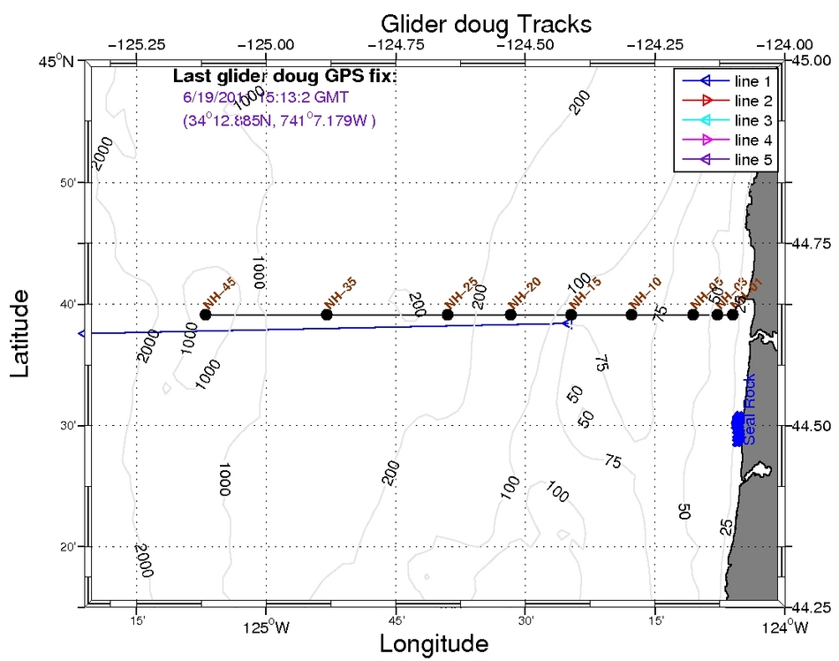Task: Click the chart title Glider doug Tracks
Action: tap(486, 21)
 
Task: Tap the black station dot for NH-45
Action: tap(206, 315)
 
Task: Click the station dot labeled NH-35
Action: tap(327, 315)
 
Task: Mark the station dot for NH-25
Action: tap(448, 315)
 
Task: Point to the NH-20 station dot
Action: tap(510, 315)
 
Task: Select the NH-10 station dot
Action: tap(631, 315)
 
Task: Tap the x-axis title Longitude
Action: tap(434, 643)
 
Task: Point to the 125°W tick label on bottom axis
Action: tap(266, 629)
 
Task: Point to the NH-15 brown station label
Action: tap(584, 290)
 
